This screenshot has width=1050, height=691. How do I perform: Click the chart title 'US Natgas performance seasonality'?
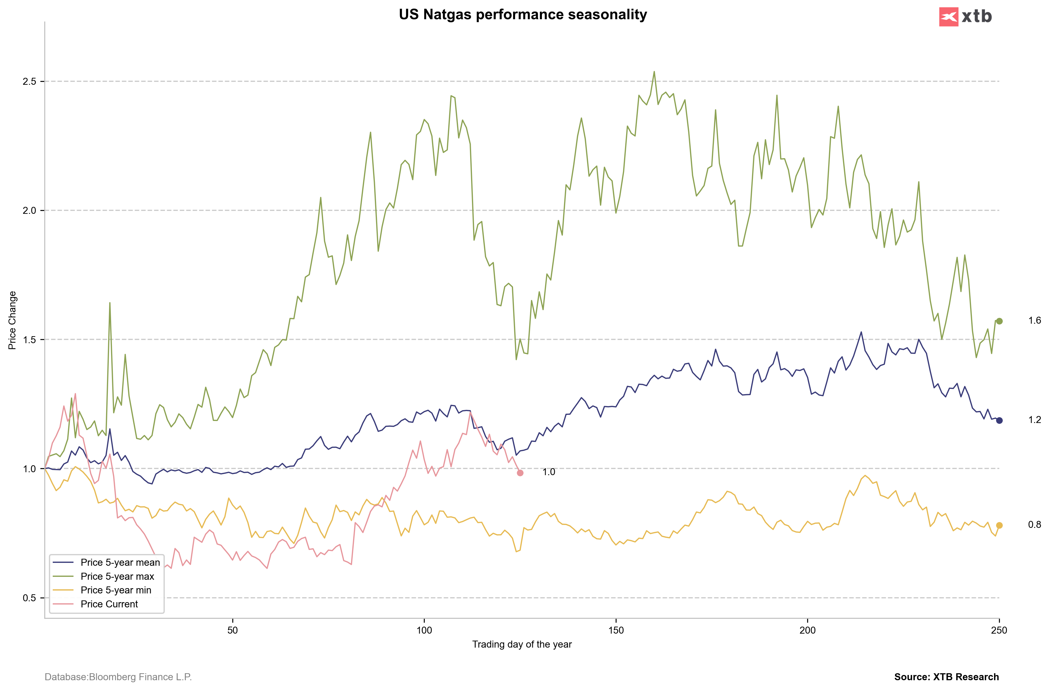(523, 15)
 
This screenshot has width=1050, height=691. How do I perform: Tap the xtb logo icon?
(949, 17)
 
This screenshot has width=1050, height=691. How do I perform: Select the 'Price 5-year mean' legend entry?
(120, 562)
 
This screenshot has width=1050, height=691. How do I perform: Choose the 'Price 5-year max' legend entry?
(117, 576)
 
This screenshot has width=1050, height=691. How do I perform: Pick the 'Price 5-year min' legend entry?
(116, 590)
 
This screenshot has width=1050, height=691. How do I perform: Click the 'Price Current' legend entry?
(109, 604)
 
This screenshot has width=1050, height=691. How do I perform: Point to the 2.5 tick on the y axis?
(29, 82)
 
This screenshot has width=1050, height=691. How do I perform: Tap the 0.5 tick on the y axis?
(29, 598)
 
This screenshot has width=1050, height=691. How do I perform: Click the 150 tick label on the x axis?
(616, 630)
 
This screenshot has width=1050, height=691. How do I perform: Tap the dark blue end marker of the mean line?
(999, 420)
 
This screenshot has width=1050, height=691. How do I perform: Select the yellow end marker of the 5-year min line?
(999, 525)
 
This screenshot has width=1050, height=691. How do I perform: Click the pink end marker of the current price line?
(520, 473)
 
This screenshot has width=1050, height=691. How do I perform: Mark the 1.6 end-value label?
(1035, 320)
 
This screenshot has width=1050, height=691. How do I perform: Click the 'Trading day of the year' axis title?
(522, 644)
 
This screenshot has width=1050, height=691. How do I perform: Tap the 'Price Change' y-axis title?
(12, 320)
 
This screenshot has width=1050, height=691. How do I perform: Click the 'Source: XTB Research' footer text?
(946, 677)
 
